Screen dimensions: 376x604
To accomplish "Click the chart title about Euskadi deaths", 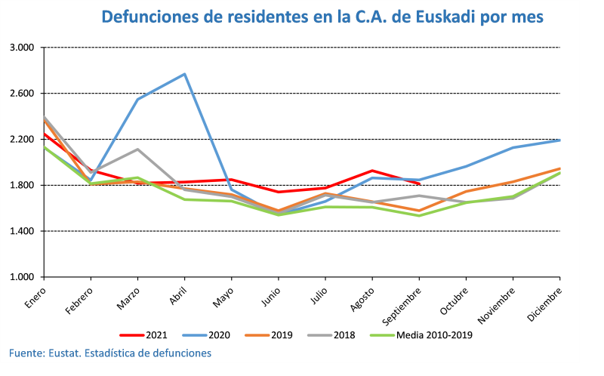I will tap(322, 17).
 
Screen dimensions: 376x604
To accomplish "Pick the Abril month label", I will tap(177, 291).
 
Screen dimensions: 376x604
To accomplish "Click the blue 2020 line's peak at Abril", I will tap(185, 74).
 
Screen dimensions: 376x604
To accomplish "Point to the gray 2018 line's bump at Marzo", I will tap(137, 149).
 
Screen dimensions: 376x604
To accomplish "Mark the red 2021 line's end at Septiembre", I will tap(419, 183).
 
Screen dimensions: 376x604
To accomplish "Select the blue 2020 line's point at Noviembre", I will tap(513, 147).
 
